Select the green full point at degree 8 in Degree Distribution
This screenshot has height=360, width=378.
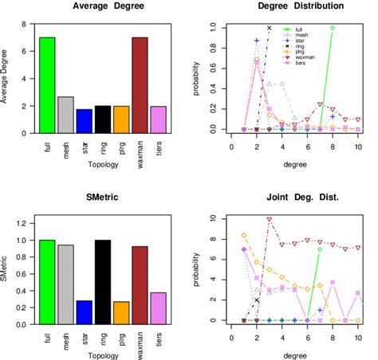pyautogui.click(x=333, y=28)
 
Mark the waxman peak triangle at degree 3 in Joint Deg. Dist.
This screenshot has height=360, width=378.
pyautogui.click(x=270, y=219)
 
